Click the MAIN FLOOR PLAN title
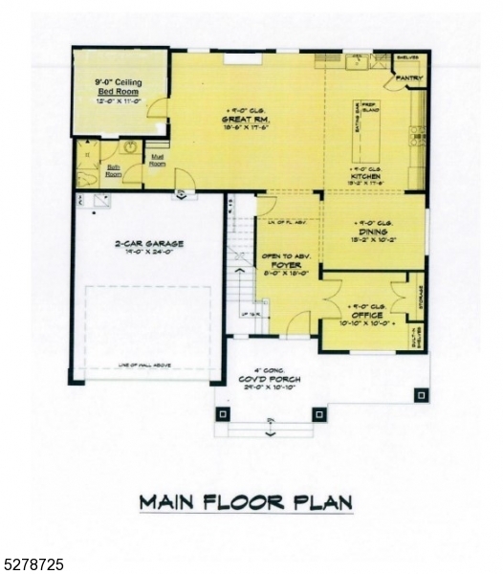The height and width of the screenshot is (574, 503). coord(245,501)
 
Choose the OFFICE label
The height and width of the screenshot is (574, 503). coord(366,316)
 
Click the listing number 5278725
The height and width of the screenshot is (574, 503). coord(33,565)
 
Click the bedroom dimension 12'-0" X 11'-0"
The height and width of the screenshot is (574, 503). coord(120,99)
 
